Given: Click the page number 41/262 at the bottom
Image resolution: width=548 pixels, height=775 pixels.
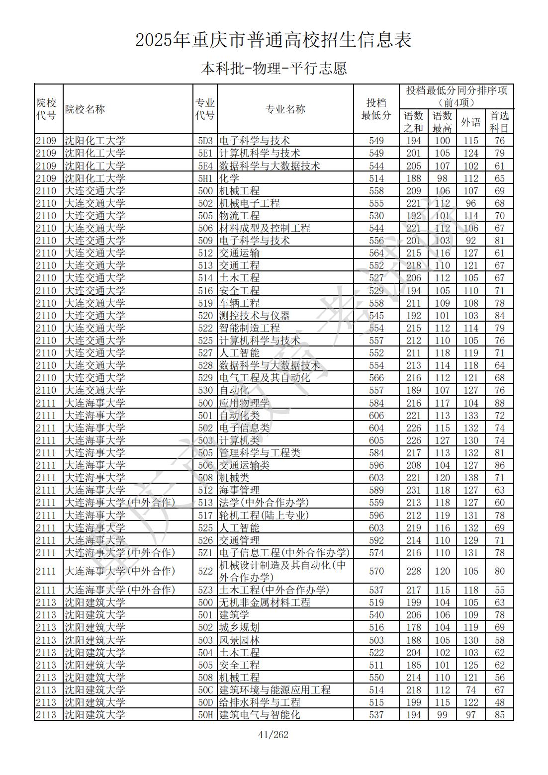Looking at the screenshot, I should [x=274, y=735].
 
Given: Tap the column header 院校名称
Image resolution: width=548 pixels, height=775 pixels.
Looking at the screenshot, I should [x=85, y=109].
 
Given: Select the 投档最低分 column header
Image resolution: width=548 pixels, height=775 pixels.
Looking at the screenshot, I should [x=376, y=109].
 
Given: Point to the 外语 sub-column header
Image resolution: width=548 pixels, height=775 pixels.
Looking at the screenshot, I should [x=470, y=122].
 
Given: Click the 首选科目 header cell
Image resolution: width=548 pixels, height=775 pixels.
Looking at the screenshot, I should [x=499, y=122].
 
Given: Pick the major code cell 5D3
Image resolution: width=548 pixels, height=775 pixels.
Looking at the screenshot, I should [x=205, y=141].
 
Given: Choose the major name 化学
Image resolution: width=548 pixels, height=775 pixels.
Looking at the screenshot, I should [x=229, y=178].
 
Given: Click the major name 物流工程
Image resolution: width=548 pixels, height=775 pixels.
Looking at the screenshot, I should [x=239, y=216].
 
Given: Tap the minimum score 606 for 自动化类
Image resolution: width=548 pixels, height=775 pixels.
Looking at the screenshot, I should [x=376, y=416].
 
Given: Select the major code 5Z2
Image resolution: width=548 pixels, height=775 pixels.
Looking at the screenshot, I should [x=205, y=571].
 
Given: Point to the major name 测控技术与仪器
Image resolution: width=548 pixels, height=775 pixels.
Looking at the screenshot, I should [x=254, y=316].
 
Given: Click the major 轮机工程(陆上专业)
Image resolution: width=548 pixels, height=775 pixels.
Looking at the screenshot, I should [x=264, y=516].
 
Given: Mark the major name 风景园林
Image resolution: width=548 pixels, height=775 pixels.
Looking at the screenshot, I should [x=239, y=640].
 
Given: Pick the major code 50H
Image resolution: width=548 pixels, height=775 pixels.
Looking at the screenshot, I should [x=205, y=715].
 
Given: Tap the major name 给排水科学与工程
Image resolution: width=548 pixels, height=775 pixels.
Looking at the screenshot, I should [x=260, y=702].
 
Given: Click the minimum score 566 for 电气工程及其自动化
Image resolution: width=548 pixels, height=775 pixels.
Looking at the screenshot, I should [x=376, y=378].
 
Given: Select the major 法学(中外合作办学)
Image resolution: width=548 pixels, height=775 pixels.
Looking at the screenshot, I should [x=264, y=503].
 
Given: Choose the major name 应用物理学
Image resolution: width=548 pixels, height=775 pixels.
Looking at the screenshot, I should [x=244, y=403].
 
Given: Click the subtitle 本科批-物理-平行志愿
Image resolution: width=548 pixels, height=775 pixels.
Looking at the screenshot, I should [x=274, y=68].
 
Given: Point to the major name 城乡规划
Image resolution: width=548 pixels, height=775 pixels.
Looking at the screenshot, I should [x=239, y=627].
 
